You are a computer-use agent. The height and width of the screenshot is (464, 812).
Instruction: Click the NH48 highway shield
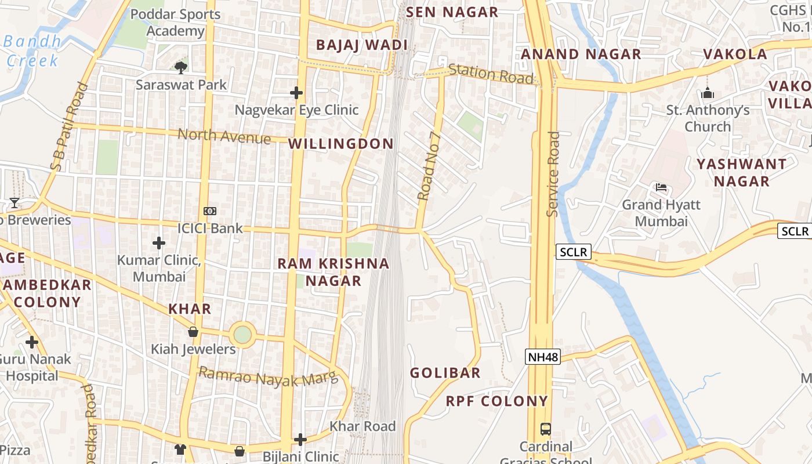543,357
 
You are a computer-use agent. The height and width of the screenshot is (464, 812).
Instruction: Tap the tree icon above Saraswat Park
181,67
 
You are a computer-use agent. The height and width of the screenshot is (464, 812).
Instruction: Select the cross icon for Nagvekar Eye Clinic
296,92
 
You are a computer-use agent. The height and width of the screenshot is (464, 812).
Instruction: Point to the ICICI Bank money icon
210,212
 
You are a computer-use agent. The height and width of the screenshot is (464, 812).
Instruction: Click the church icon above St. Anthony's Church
708,93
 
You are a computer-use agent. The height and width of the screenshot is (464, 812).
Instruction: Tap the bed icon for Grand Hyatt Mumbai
661,187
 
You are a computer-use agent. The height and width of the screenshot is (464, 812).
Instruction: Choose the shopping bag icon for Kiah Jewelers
193,332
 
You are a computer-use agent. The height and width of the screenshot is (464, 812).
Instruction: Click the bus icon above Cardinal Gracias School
545,429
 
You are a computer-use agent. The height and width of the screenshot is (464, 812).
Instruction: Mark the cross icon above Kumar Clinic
159,242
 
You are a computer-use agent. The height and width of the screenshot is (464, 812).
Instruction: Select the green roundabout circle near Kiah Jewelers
242,335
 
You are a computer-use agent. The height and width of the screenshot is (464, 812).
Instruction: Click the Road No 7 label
430,166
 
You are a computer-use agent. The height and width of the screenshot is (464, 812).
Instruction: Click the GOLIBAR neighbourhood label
445,373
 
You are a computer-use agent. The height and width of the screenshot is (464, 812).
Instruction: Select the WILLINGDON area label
341,144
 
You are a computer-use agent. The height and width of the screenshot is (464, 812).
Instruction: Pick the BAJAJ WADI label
361,45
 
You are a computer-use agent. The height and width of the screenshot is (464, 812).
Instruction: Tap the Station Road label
491,74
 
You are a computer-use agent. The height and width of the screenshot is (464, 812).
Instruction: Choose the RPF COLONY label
496,401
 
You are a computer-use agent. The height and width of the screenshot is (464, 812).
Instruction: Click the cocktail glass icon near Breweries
14,202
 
